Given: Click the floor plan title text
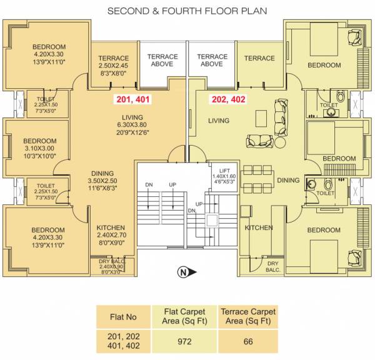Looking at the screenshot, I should pos(187,11).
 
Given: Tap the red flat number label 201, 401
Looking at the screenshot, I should pos(132,99).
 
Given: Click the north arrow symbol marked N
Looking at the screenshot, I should pos(184,272).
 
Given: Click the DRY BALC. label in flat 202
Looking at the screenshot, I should pos(272,267).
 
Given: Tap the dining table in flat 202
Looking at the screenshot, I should pos(258,179).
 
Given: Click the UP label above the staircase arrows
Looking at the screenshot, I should pos(171,185).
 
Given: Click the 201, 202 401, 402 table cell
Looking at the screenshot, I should pos(124,342).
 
